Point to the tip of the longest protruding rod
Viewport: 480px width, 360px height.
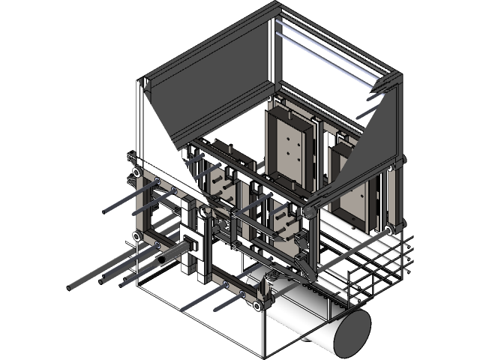(x=70, y=287)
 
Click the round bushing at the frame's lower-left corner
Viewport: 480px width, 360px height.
(x=138, y=237)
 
